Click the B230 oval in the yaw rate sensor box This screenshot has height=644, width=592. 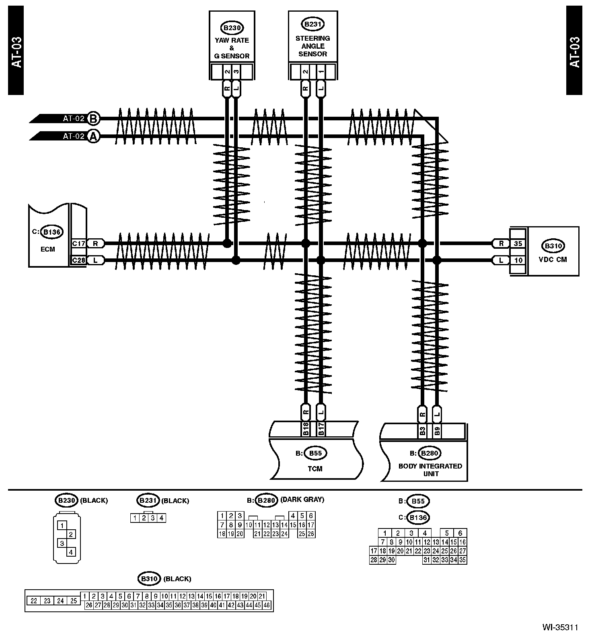(x=232, y=28)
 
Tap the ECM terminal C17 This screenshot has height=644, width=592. (x=78, y=244)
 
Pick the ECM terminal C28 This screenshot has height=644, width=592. (x=78, y=260)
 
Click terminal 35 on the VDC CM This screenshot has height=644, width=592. (x=518, y=244)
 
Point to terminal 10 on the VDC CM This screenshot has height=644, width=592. (x=518, y=260)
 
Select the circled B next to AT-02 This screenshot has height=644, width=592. (x=93, y=119)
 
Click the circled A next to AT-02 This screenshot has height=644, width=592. (x=93, y=136)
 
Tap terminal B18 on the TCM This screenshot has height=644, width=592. (x=305, y=429)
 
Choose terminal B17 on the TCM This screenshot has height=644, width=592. (x=321, y=429)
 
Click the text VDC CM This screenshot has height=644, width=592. (x=553, y=260)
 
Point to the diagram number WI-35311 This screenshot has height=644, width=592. (x=560, y=627)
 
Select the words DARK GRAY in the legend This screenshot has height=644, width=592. (x=302, y=500)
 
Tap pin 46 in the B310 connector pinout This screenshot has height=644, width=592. (x=267, y=605)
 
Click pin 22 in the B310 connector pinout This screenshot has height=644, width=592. (x=34, y=601)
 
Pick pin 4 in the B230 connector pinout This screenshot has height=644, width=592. (x=71, y=552)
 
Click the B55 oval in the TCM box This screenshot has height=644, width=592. (x=315, y=453)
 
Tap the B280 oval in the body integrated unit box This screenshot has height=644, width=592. (x=430, y=453)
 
